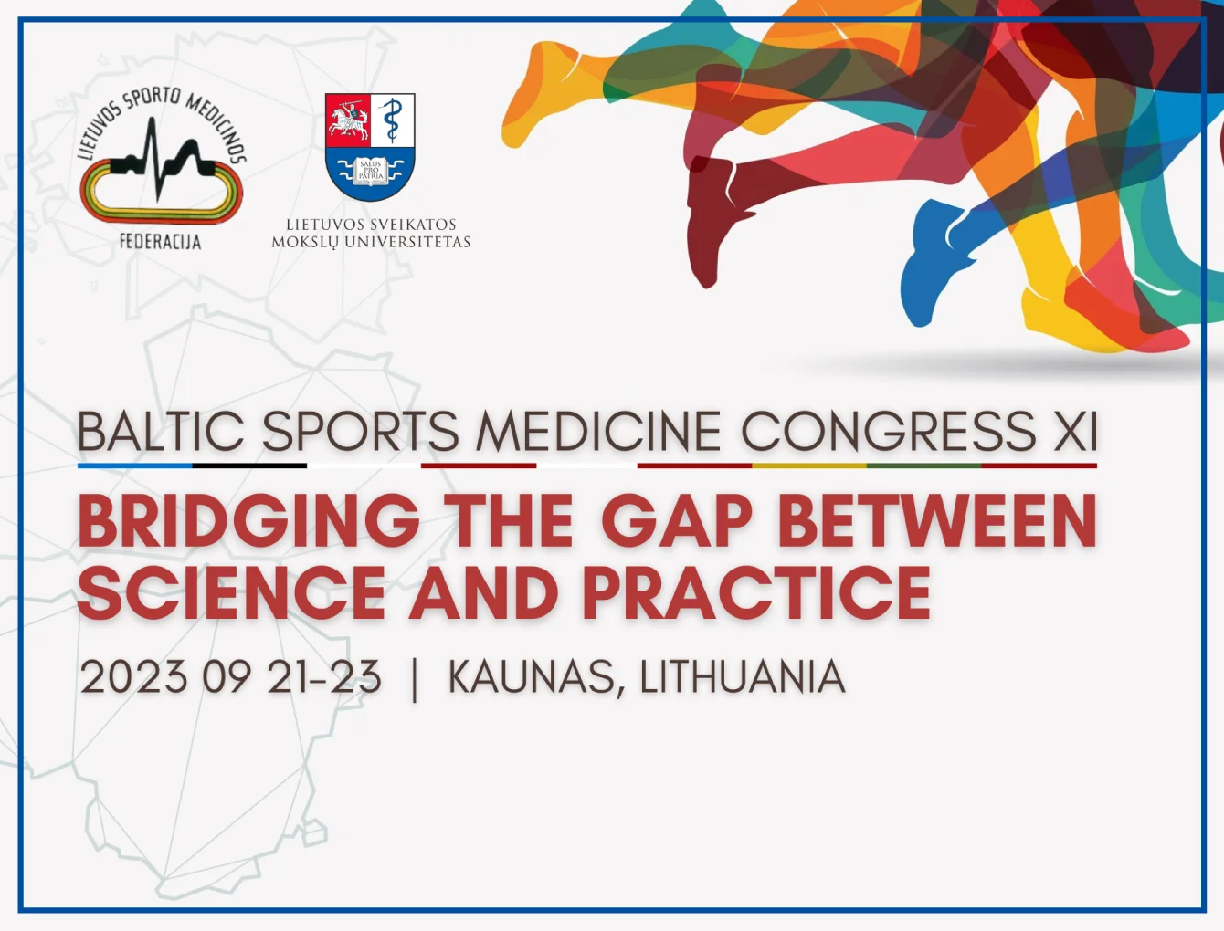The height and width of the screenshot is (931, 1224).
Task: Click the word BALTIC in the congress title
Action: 161,431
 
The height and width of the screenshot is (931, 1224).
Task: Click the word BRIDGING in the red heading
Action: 248,520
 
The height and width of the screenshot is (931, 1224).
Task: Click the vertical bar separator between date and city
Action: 414,679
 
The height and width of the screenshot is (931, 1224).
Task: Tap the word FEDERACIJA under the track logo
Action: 161,242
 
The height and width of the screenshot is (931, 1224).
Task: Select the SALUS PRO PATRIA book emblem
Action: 370,170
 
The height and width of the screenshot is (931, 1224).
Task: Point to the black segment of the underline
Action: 249,465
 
